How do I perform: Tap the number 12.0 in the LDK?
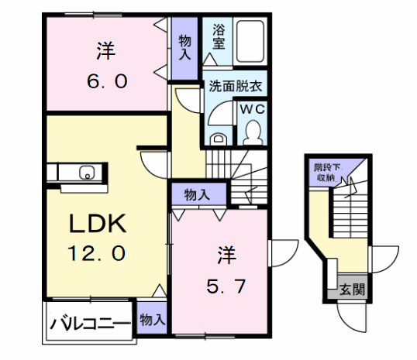(97, 253)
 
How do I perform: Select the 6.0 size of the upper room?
(105, 81)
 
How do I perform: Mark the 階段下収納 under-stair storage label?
(325, 172)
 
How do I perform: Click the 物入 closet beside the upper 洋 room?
(186, 47)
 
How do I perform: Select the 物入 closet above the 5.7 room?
(198, 194)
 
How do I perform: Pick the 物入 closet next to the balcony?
(152, 318)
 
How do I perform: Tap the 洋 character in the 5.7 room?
(225, 254)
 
